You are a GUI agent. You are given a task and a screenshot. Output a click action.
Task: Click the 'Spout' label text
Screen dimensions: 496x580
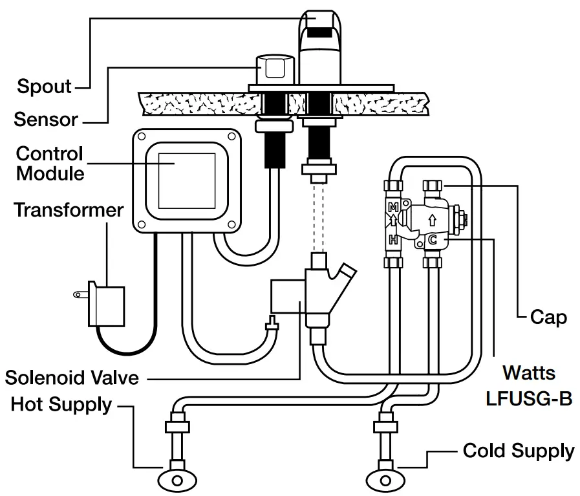[44, 86]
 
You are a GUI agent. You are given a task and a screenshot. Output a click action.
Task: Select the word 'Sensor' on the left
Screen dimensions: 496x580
[46, 120]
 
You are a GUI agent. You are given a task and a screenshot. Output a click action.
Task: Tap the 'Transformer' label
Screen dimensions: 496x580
[69, 210]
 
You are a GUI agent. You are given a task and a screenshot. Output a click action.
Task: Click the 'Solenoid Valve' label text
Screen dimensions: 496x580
[72, 377]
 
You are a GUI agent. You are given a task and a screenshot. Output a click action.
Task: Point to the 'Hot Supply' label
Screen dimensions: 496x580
[61, 405]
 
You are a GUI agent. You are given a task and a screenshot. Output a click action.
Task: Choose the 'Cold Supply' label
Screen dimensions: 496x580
[519, 451]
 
